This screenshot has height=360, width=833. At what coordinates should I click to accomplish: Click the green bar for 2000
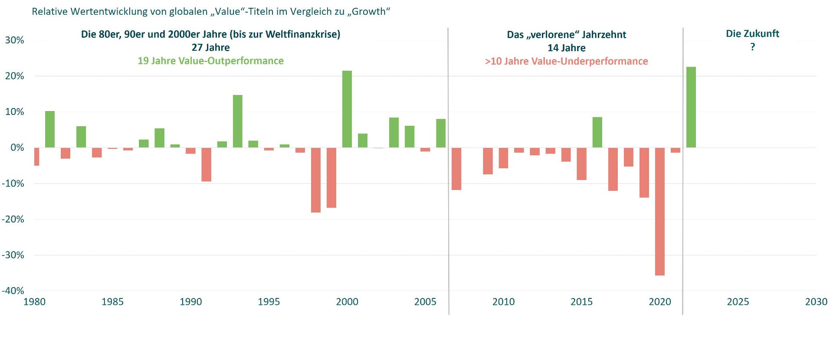pyautogui.click(x=347, y=109)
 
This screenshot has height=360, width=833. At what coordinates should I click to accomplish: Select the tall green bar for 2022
pyautogui.click(x=691, y=107)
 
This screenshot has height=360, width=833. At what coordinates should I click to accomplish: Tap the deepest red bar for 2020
pyautogui.click(x=659, y=211)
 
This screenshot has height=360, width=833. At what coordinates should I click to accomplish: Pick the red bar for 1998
pyautogui.click(x=316, y=180)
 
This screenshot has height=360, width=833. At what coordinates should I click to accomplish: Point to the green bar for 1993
pyautogui.click(x=238, y=121)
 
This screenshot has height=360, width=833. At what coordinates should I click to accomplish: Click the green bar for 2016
pyautogui.click(x=597, y=132)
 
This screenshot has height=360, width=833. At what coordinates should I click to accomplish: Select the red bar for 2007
pyautogui.click(x=456, y=169)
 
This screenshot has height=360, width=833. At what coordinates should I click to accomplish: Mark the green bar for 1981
pyautogui.click(x=50, y=129)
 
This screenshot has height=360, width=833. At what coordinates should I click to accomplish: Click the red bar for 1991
pyautogui.click(x=206, y=164)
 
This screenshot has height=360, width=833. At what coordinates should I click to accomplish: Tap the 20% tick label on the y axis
pyautogui.click(x=14, y=76)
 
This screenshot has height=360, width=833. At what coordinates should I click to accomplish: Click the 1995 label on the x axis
pyautogui.click(x=269, y=302)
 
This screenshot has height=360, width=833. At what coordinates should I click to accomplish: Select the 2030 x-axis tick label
pyautogui.click(x=816, y=302)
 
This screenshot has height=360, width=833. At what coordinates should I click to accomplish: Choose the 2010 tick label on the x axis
pyautogui.click(x=503, y=302)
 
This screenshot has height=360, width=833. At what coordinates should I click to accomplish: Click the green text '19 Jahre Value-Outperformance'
pyautogui.click(x=210, y=61)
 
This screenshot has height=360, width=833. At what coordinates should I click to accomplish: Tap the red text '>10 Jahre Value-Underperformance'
pyautogui.click(x=566, y=61)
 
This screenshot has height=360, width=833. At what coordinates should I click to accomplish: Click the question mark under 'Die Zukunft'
pyautogui.click(x=753, y=47)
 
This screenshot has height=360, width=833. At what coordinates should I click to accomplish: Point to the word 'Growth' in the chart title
pyautogui.click(x=368, y=12)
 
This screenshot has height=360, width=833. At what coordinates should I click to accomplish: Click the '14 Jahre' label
pyautogui.click(x=566, y=48)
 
